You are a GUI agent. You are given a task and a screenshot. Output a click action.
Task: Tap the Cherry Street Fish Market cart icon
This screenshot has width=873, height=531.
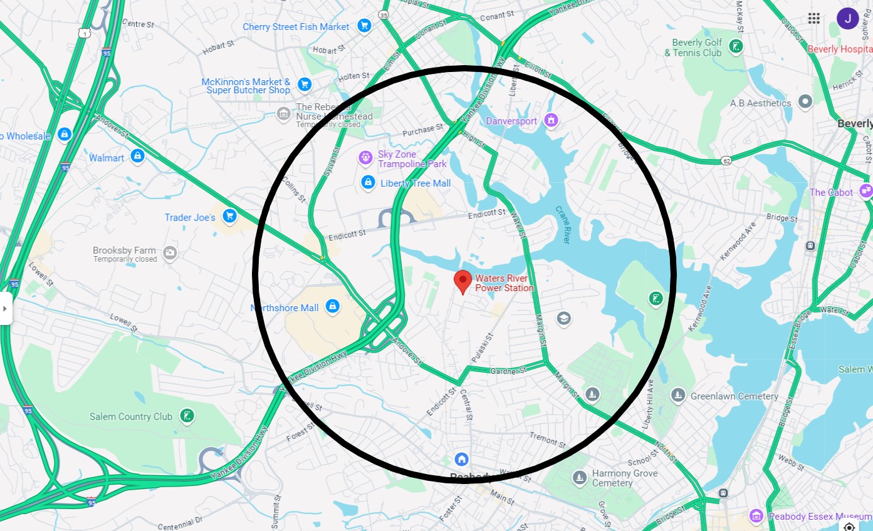point(363,26)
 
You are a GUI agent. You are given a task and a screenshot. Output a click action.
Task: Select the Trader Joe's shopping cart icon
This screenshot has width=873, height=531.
point(229,216)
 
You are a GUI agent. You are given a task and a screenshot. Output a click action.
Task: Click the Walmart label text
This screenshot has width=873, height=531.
point(107,158)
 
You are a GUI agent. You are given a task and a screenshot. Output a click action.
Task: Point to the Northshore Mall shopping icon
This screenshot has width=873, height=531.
point(333,307)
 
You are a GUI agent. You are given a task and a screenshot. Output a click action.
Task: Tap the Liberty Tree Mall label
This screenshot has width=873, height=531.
point(416,183)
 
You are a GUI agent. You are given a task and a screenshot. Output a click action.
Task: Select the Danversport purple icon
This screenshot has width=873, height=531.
point(551,120)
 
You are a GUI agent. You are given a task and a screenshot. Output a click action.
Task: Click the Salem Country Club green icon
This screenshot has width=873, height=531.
point(186,416)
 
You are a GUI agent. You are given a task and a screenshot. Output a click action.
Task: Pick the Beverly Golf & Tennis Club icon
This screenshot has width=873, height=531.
point(736,46)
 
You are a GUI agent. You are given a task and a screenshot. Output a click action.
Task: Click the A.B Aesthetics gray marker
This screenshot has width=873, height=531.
point(805,102)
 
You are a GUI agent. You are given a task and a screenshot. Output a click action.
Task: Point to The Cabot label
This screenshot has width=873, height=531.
point(831,192)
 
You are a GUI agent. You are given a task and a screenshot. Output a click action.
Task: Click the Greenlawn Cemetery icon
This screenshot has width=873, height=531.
point(677,395)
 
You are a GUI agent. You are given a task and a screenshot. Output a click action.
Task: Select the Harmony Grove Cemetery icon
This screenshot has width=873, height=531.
point(580,477)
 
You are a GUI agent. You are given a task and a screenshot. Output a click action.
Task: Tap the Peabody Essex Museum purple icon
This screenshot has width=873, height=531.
point(756,516)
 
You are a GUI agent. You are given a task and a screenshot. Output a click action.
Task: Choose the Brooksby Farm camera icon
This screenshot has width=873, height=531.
point(169,253)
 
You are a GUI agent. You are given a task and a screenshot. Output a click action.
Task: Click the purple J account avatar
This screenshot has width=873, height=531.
point(847,18)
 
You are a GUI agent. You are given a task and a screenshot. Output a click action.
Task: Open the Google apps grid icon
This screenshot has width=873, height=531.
point(814,18)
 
